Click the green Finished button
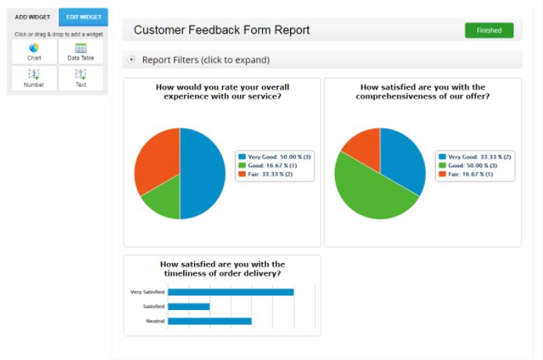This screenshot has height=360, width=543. point(489,31)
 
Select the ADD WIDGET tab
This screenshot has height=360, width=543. point(32,16)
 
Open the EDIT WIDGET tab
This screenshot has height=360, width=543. point(84,16)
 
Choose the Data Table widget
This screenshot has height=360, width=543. point(81,52)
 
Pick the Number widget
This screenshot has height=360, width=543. point(34,77)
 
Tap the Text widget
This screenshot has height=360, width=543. point(81,77)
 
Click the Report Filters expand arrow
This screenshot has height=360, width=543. point(131,59)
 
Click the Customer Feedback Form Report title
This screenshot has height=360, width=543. point(221,31)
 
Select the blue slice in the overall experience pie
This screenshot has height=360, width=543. point(202,174)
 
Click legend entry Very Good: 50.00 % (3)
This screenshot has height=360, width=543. point(275,157)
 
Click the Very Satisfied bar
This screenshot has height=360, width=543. point(231,292)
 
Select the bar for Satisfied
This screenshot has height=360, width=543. point(189,306)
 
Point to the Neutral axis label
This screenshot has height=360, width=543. point(155,321)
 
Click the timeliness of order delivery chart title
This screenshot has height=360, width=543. point(222,268)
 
